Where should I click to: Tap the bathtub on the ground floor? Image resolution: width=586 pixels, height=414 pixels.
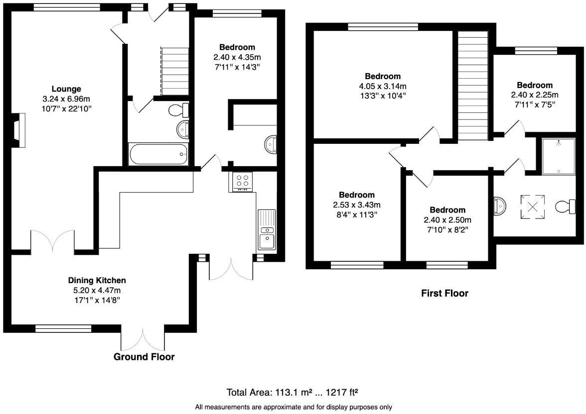click(158, 154)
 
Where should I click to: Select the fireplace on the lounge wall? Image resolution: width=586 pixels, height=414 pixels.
click(18, 130)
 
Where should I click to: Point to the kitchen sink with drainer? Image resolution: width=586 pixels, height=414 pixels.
click(267, 229)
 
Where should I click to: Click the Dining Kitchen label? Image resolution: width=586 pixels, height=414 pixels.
click(97, 280)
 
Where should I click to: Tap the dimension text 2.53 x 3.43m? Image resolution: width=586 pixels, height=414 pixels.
click(357, 205)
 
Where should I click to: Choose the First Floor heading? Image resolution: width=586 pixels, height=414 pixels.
click(444, 293)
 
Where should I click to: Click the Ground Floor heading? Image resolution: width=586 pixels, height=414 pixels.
click(144, 357)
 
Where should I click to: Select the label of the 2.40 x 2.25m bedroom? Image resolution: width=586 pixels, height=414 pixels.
click(534, 85)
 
